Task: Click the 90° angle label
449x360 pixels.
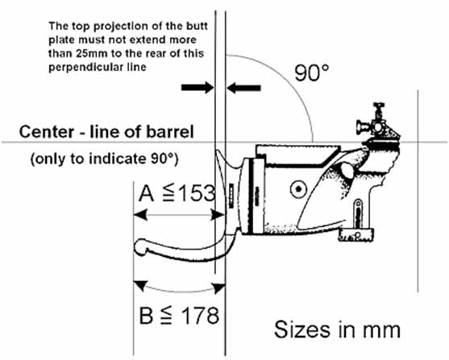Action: (x=312, y=72)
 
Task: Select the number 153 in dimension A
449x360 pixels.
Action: (x=197, y=192)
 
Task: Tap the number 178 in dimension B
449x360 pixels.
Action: (x=200, y=316)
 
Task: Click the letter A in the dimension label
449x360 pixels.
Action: (x=147, y=193)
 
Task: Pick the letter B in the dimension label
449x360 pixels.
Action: (x=146, y=316)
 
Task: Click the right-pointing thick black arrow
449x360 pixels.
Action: (x=197, y=87)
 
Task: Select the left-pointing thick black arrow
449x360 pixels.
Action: (x=243, y=88)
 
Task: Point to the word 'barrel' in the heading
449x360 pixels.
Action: (x=170, y=132)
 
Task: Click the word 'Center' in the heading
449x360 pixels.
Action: (x=47, y=132)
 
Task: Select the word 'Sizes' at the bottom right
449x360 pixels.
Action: (x=302, y=329)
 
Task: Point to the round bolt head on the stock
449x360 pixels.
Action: (x=298, y=189)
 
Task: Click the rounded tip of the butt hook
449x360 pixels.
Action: (x=141, y=247)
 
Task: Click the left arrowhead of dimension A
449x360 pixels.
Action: (x=140, y=214)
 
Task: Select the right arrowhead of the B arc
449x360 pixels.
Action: (x=219, y=288)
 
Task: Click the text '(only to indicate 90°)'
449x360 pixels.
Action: (x=104, y=159)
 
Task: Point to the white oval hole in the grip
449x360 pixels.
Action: (x=347, y=170)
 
